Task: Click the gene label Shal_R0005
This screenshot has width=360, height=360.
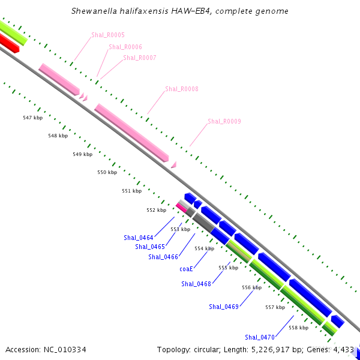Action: pos(108,35)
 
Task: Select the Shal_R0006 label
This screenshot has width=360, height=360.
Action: pos(125,47)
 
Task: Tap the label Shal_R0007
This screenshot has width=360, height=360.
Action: pos(140,58)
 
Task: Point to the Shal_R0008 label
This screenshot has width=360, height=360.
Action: pos(182,89)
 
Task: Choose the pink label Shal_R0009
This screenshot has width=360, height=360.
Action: pos(224,122)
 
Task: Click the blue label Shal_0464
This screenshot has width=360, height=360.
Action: pos(139,238)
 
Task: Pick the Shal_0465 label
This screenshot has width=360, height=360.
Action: pos(150,247)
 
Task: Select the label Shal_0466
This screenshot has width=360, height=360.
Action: pos(163,257)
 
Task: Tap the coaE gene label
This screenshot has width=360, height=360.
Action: pos(186,269)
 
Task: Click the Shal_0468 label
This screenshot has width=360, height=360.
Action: pos(196,284)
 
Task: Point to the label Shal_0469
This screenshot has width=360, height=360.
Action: pos(224,307)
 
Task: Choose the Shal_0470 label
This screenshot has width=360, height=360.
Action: pos(260,337)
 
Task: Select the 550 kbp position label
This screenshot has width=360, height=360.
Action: pos(107,173)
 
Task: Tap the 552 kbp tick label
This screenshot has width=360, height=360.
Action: pos(157,210)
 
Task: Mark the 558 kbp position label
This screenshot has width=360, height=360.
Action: pos(299,328)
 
